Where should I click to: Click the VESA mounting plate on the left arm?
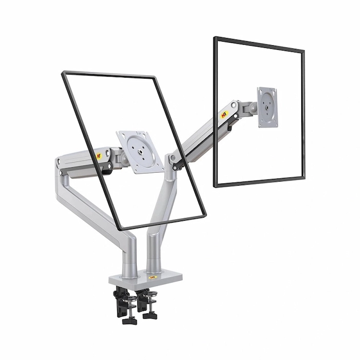139,151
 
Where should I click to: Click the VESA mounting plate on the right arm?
267,106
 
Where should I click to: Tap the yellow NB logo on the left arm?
99,155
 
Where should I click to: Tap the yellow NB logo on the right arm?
224,116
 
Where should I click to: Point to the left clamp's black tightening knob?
129,320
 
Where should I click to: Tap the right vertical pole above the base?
153,255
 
